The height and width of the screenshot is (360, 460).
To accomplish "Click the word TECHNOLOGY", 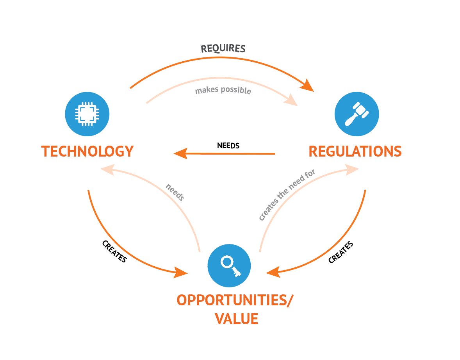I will [87, 151].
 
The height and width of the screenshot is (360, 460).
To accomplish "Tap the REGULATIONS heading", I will [355, 151].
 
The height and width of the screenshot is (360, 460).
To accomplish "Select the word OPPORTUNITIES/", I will [235, 301].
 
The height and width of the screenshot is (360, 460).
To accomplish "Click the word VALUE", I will [236, 319].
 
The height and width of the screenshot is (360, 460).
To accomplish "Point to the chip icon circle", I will [87, 114].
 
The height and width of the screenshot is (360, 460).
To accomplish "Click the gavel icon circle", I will [357, 114].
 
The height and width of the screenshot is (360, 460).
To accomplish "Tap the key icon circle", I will [229, 266].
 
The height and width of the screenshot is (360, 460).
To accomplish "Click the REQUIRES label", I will [223, 48].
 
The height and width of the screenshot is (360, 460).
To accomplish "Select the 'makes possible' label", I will [223, 90].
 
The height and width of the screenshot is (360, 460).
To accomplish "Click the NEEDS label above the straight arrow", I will [228, 146].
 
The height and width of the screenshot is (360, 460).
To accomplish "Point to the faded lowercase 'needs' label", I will [175, 192].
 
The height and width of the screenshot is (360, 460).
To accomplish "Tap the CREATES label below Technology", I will [114, 251].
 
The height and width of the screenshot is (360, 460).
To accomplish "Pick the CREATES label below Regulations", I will [341, 252].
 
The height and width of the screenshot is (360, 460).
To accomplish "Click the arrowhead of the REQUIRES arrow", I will [307, 85].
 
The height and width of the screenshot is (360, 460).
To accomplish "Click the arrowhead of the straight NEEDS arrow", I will [180, 153].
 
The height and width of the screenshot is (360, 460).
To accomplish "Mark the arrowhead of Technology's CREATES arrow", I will [181, 272].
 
